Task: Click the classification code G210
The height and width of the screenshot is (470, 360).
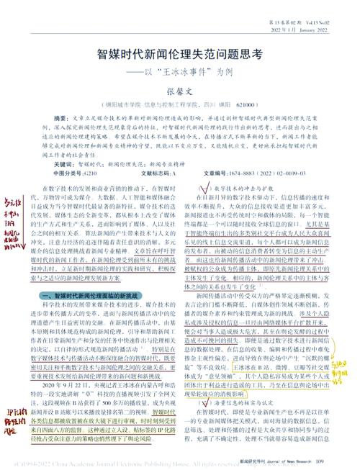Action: click(x=87, y=173)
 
